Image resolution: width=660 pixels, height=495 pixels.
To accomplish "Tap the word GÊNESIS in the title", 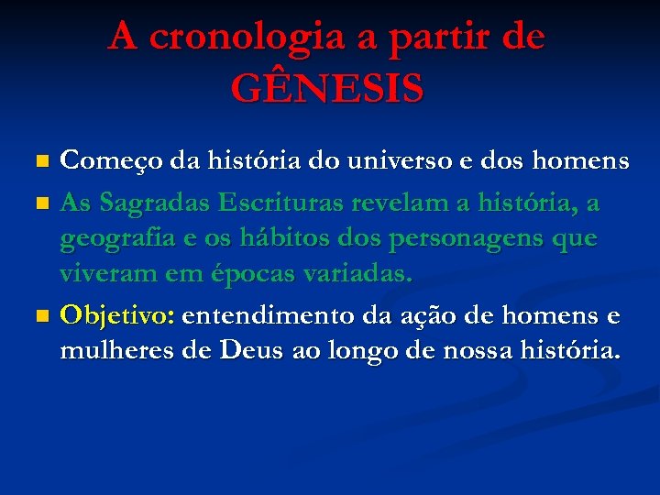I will (x=327, y=90).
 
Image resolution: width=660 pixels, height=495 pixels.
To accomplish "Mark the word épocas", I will (x=233, y=274).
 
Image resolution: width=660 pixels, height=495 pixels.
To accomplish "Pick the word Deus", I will (x=242, y=351).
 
